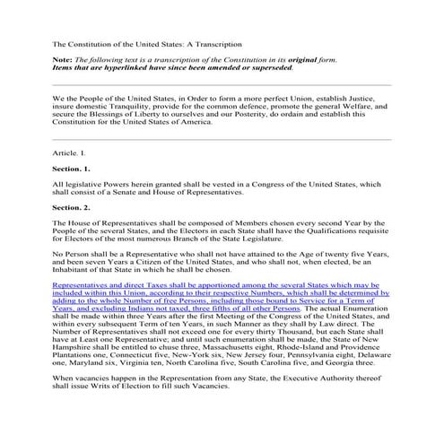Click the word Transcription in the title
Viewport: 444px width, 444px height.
click(220, 42)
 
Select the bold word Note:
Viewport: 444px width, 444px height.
click(64, 58)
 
